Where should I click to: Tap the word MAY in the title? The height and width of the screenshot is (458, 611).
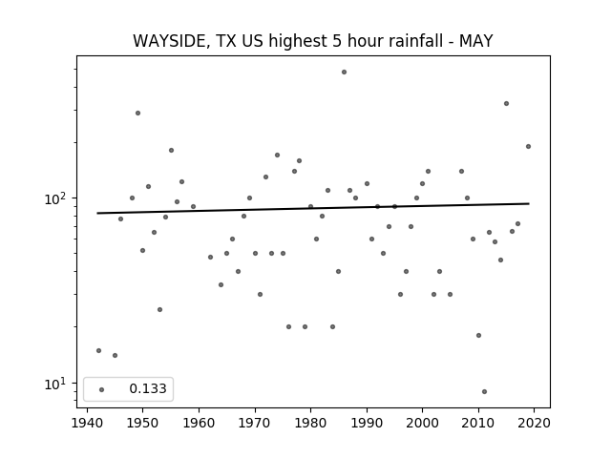pos(475,41)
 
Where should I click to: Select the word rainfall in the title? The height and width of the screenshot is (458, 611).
pos(413,41)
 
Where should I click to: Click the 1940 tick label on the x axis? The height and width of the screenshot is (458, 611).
pos(87,423)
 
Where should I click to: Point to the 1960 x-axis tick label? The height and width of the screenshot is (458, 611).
pos(199,423)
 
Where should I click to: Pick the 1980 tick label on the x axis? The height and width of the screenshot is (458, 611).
pos(310,423)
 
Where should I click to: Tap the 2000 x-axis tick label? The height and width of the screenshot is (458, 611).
pos(422,423)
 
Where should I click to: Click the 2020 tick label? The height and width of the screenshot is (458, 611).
pos(534,423)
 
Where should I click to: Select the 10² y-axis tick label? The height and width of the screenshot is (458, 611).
pos(55,198)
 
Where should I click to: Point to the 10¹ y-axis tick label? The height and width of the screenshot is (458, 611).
pos(55,384)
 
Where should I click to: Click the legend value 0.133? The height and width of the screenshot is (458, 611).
pos(148,388)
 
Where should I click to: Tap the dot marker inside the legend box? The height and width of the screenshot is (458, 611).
pos(102,389)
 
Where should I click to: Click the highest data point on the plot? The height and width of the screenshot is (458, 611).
pos(344,73)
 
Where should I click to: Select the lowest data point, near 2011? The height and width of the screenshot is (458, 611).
pos(484,392)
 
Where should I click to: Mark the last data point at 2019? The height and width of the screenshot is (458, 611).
pos(528,146)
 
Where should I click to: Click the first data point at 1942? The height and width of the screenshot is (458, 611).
pos(98,350)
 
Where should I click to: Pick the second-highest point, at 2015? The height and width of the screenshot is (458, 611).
pos(506,104)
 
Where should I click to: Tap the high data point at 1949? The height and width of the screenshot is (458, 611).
pos(137,113)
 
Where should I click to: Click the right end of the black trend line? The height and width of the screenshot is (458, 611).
pos(529,203)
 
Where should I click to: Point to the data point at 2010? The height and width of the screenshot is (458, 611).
pos(479,335)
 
